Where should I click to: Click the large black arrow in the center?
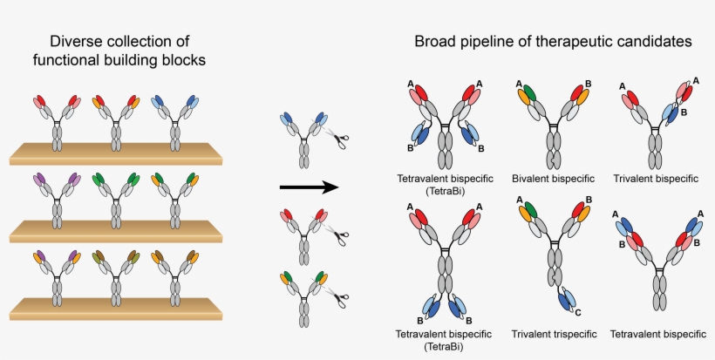coord(308,187)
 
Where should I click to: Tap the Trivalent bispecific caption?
coord(655,179)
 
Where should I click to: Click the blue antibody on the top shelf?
coord(174,122)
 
